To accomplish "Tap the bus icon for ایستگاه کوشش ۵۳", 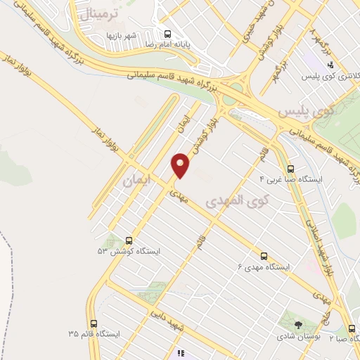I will point(129,240).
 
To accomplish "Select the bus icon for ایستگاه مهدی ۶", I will point(264,256).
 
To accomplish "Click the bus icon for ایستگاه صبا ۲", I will point(352,328).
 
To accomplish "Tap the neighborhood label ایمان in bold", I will point(136,180).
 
